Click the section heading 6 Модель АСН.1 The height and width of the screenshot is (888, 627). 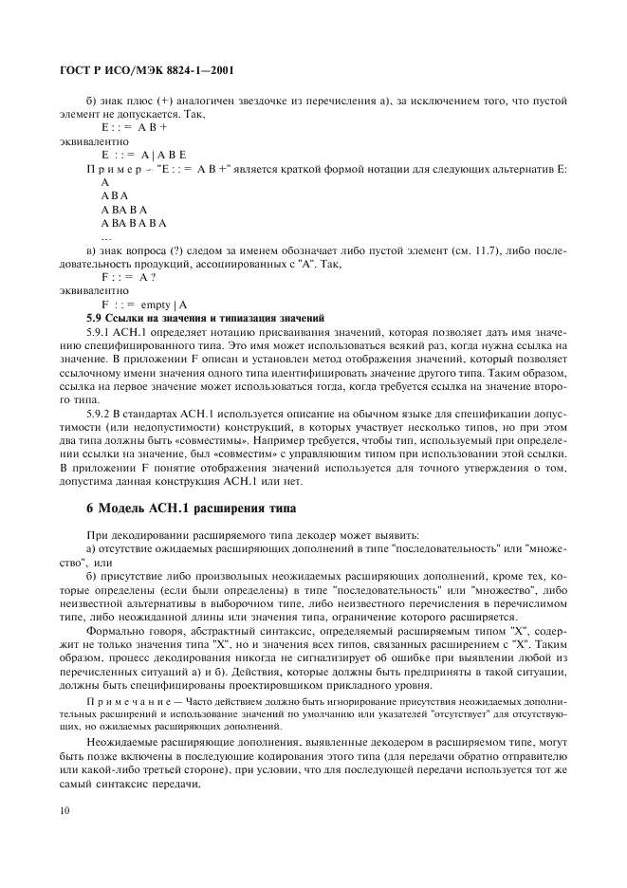(x=191, y=508)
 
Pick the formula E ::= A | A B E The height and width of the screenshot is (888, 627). (x=143, y=154)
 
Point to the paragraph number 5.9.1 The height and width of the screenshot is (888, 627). (x=100, y=332)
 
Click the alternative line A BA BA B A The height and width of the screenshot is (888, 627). (x=134, y=223)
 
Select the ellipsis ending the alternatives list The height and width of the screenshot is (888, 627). (x=106, y=236)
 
